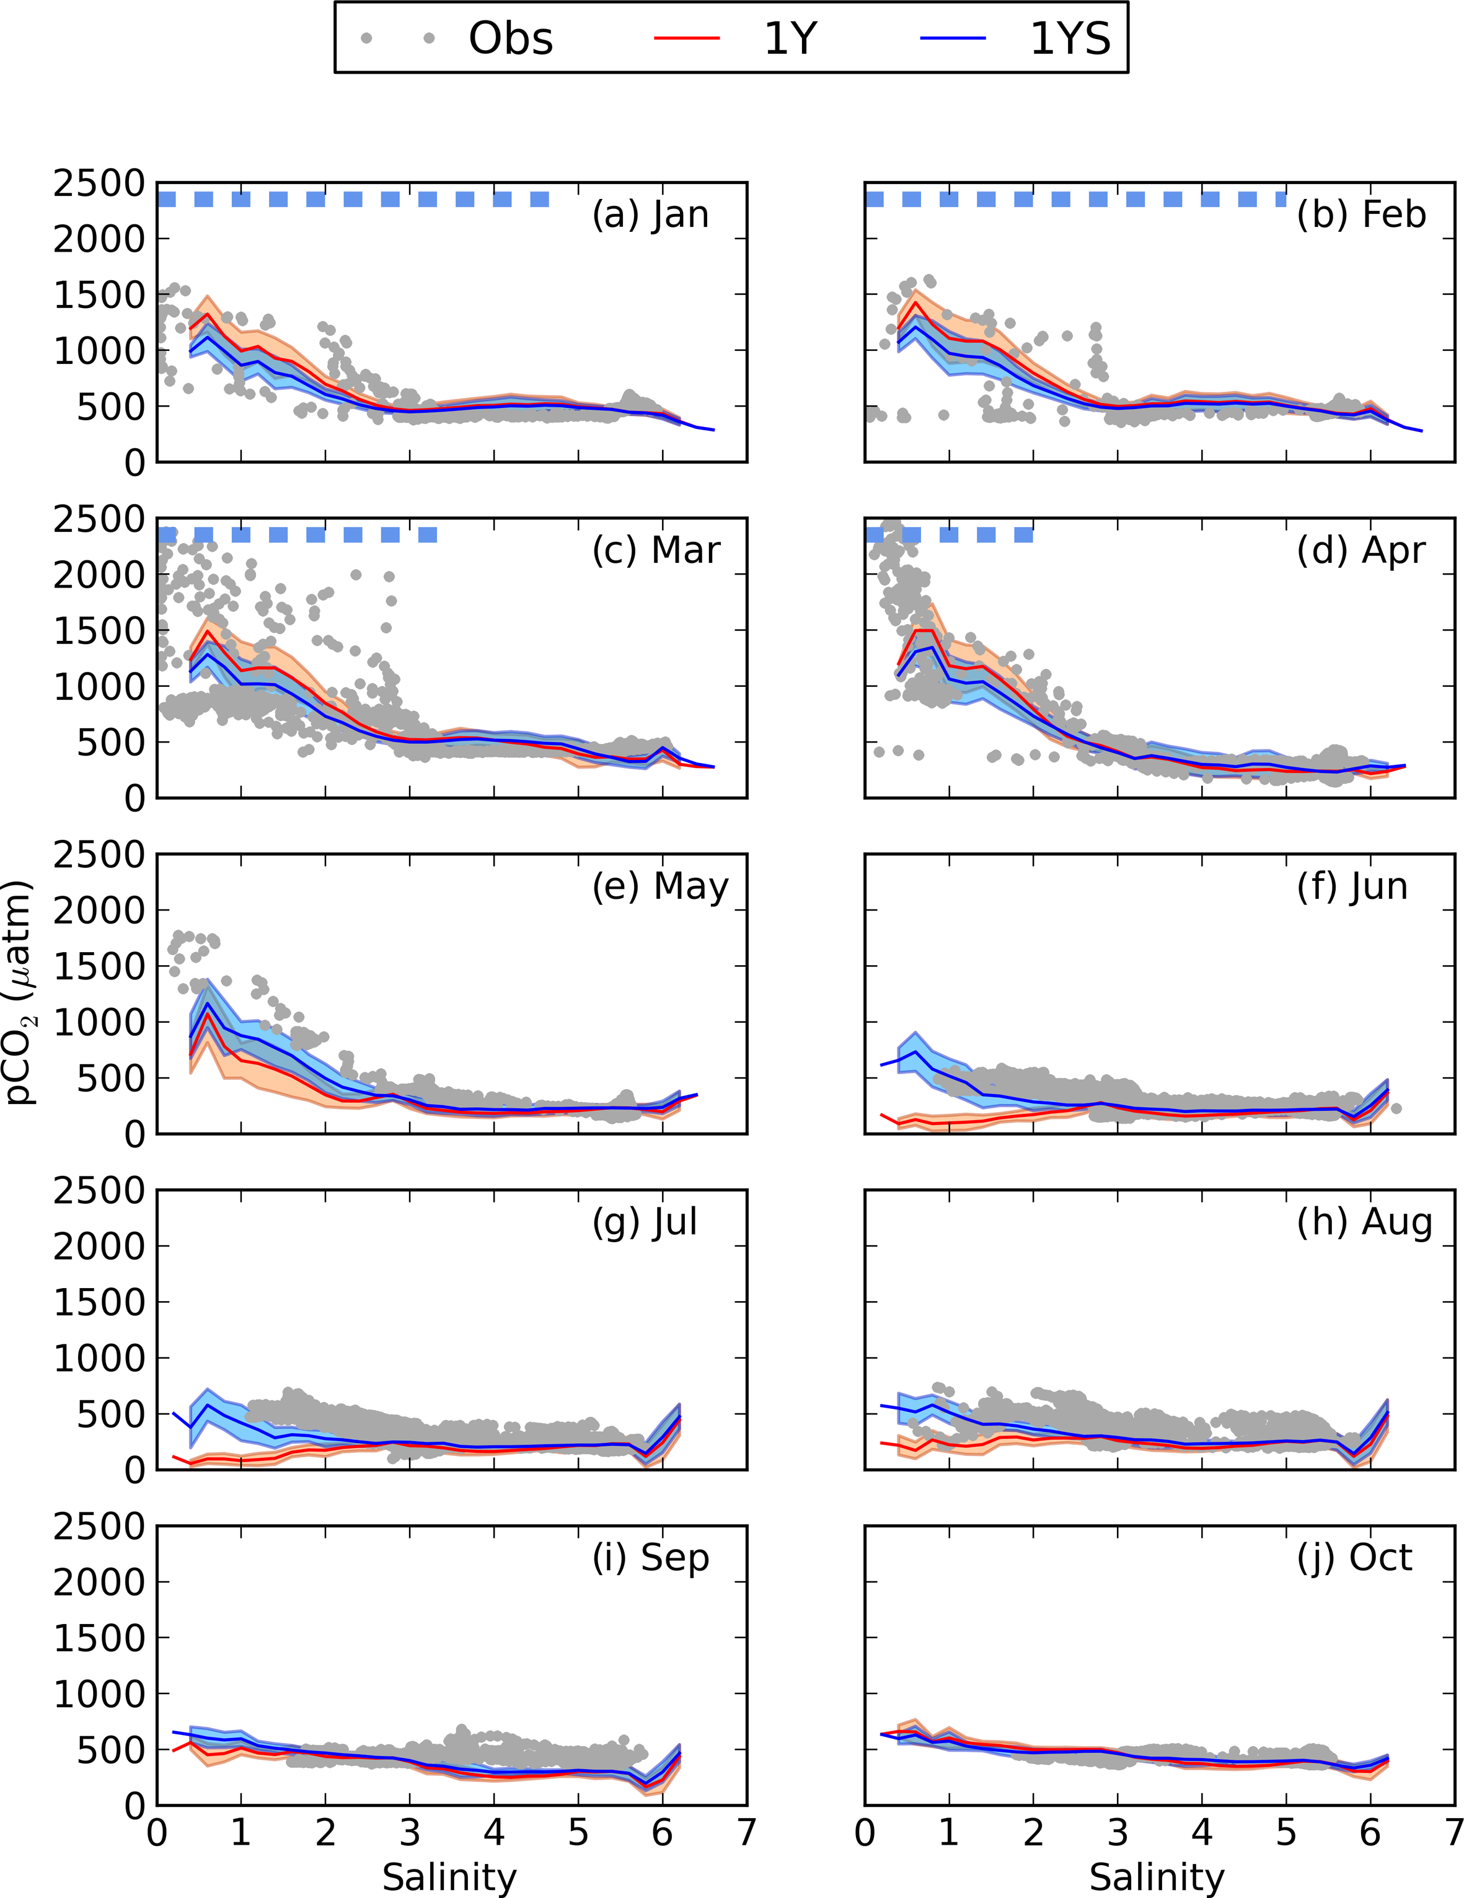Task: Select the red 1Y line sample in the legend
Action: click(686, 39)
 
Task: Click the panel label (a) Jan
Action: click(650, 214)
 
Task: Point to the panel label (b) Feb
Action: click(1360, 214)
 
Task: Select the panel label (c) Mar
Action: click(656, 550)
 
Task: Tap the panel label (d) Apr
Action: click(1360, 550)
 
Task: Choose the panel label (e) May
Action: click(659, 886)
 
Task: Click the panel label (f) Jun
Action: click(1352, 886)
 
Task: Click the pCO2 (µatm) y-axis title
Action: click(21, 992)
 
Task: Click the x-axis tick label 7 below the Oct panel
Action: click(1453, 1831)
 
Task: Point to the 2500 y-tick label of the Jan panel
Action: click(98, 184)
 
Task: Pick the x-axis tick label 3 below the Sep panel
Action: click(410, 1831)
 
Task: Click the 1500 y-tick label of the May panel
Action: click(98, 966)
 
